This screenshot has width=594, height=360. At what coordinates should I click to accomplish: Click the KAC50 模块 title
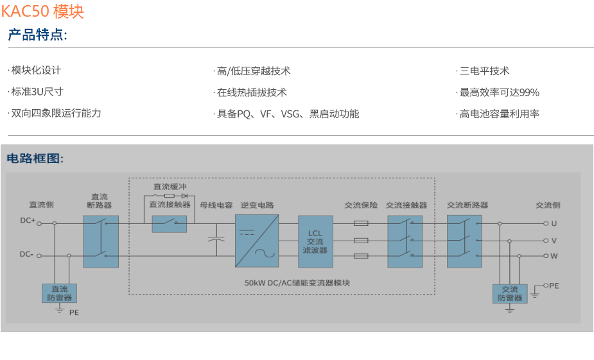pyautogui.click(x=42, y=12)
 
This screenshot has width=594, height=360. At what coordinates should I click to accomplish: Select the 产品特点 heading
pyautogui.click(x=37, y=35)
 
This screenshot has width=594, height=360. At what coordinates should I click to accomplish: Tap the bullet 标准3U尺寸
pyautogui.click(x=37, y=92)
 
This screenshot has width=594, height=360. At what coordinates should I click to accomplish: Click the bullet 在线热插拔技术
pyautogui.click(x=252, y=92)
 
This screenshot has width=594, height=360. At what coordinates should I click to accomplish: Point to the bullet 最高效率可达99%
pyautogui.click(x=500, y=92)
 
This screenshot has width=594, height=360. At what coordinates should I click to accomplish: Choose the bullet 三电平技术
pyautogui.click(x=485, y=71)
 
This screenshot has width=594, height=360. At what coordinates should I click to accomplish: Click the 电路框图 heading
pyautogui.click(x=35, y=159)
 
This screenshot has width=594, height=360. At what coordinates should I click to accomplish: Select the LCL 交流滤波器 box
pyautogui.click(x=315, y=241)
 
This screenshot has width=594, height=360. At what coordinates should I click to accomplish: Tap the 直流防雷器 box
pyautogui.click(x=60, y=293)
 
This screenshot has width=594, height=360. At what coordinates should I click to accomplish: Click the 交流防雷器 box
pyautogui.click(x=510, y=293)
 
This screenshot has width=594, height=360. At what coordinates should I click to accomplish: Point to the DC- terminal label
pyautogui.click(x=27, y=254)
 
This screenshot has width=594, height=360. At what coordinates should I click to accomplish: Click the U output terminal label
pyautogui.click(x=554, y=223)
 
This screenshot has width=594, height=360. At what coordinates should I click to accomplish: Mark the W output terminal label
pyautogui.click(x=554, y=256)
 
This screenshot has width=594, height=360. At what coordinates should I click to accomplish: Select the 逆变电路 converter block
pyautogui.click(x=257, y=241)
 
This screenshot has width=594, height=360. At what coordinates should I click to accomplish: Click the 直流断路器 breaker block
pyautogui.click(x=101, y=241)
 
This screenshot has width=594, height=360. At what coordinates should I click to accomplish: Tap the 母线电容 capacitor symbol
pyautogui.click(x=216, y=239)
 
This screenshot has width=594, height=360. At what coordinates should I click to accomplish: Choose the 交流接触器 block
pyautogui.click(x=405, y=241)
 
